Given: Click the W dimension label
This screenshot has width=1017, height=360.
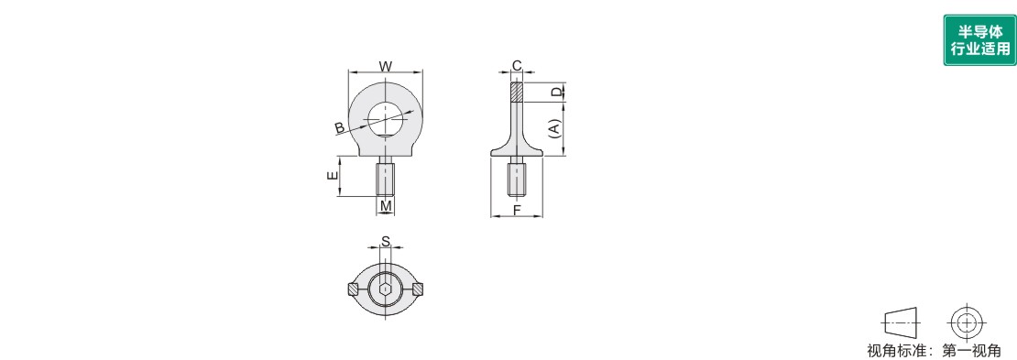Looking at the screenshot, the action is tap(385, 66).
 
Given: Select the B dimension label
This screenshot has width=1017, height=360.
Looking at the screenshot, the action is tap(340, 127).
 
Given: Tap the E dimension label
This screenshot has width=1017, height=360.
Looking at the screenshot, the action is tap(332, 175).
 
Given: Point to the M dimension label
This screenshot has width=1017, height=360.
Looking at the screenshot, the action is tap(386, 206).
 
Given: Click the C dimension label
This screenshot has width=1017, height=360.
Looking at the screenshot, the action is tap(517, 66).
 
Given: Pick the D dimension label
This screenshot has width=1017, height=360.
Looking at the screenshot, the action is tap(556, 93).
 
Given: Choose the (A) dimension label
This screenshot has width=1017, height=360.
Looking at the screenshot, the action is tap(554, 127).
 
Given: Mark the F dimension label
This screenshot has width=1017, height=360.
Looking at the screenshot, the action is tap(517, 210).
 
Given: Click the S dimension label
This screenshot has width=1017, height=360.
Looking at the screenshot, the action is tap(385, 241).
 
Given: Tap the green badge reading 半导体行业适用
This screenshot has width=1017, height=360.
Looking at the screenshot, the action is tap(979, 40).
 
